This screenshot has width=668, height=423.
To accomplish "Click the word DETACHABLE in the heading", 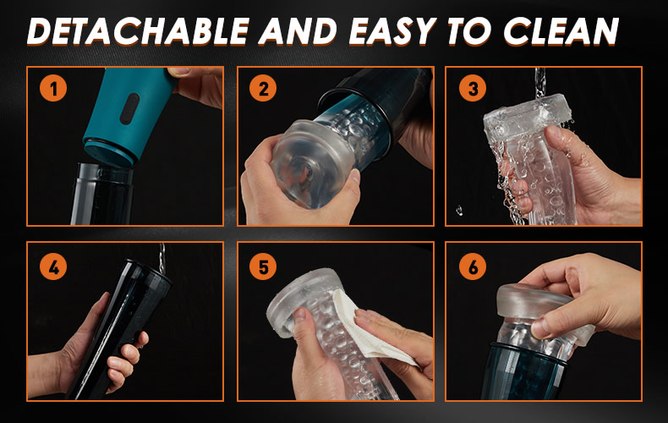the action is [139, 31].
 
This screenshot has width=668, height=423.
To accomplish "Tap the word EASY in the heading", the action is [392, 31].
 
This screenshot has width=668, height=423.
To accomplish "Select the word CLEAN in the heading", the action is [561, 31].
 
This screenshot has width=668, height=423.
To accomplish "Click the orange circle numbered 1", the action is [53, 88].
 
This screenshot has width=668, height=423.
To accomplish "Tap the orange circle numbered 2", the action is [263, 88].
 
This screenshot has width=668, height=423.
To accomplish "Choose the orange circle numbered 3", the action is [473, 88].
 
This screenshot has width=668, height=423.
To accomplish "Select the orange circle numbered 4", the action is [53, 267].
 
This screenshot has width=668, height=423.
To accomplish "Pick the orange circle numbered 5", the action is [263, 267].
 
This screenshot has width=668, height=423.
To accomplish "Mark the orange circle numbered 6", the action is [473, 267].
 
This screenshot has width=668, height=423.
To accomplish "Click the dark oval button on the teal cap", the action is [129, 109].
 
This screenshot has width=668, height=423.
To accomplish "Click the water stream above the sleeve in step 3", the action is [540, 82].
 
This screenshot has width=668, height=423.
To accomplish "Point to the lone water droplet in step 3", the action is [459, 210].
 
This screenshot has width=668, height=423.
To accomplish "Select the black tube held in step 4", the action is [118, 328].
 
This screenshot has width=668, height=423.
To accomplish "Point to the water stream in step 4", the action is [162, 258].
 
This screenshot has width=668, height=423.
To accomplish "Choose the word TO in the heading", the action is [469, 31].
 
